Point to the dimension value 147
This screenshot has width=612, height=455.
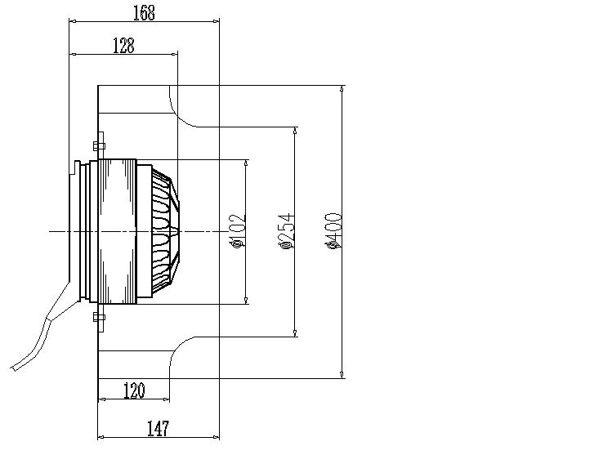tap(157, 427)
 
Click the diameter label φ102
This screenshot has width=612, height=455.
tap(238, 230)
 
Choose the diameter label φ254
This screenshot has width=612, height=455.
tap(285, 230)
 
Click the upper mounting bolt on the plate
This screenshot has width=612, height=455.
tap(99, 146)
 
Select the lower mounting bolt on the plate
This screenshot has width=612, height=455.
tap(99, 317)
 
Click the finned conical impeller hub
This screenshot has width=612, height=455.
tap(165, 231)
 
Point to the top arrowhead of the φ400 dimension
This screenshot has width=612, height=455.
tap(342, 88)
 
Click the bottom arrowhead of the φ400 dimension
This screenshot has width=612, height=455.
tap(342, 375)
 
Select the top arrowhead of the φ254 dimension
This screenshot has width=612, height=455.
tap(294, 130)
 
